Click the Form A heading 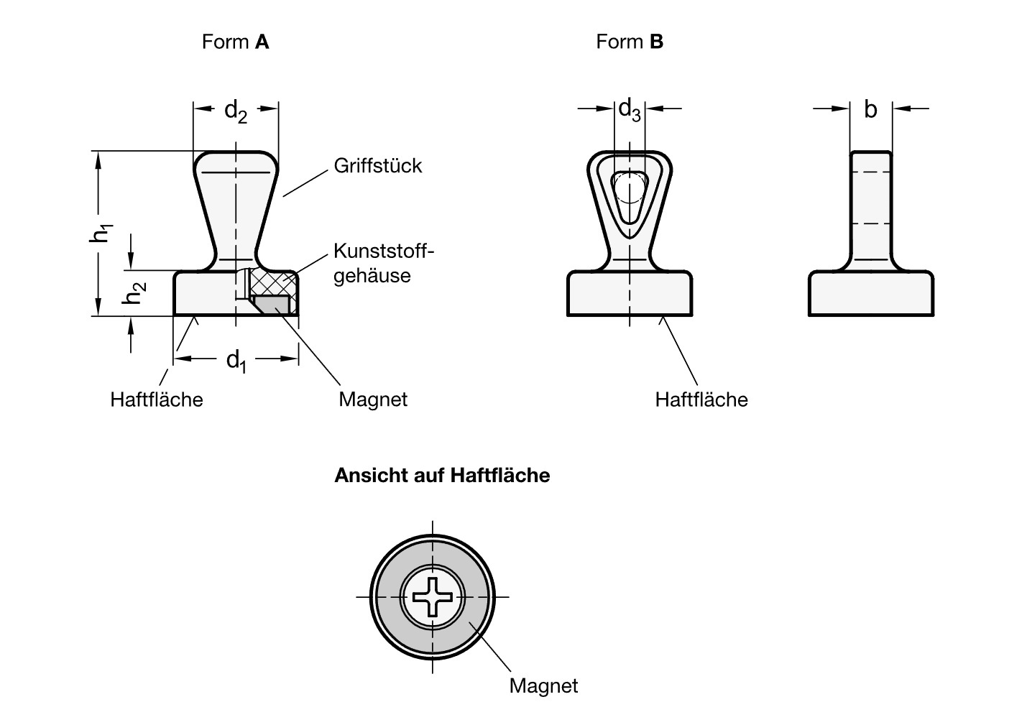[x=235, y=42]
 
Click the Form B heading [x=630, y=42]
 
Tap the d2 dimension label [x=236, y=111]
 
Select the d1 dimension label [x=236, y=359]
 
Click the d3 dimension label [x=630, y=110]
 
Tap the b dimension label [x=870, y=109]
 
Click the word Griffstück [x=378, y=165]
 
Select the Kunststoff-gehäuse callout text [x=384, y=263]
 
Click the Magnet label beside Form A [x=373, y=400]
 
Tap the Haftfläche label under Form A [x=157, y=400]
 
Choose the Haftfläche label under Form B [x=701, y=400]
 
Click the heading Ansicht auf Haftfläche [x=442, y=476]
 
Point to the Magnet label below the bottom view [x=543, y=685]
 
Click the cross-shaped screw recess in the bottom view [x=432, y=596]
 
